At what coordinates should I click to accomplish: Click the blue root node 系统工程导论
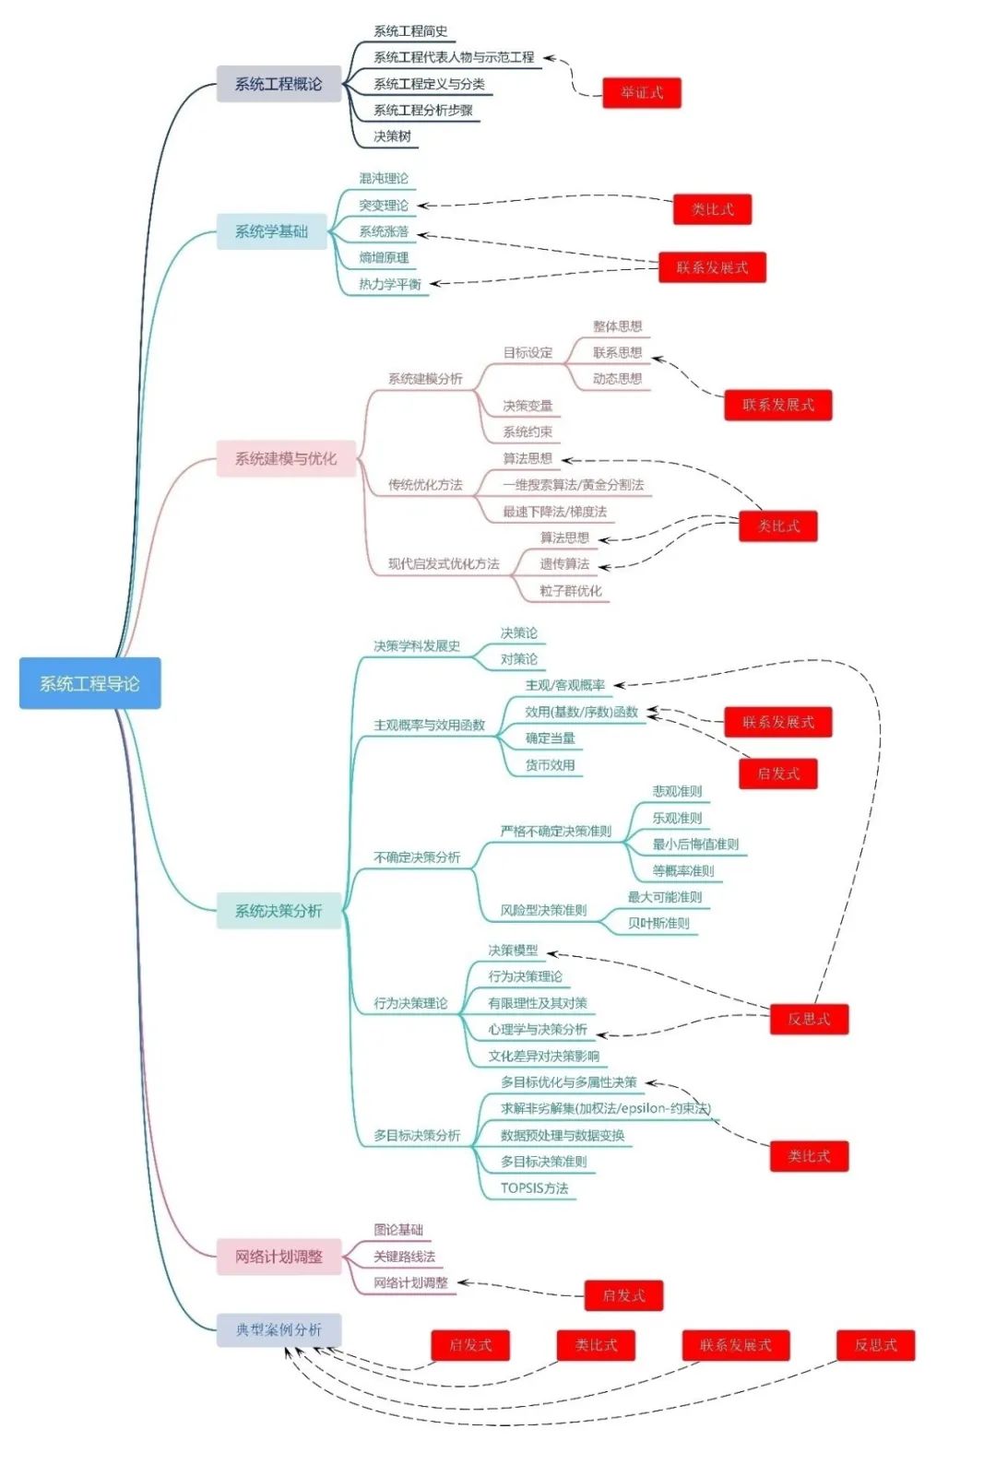[x=89, y=683]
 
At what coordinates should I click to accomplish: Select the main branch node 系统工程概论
[x=279, y=84]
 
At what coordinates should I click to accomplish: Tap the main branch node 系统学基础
[x=271, y=231]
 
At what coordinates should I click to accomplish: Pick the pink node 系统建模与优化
[x=286, y=458]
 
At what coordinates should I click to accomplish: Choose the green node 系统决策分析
[x=279, y=911]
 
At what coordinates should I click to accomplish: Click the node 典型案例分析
[x=279, y=1329]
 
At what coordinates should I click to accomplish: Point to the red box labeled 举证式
[x=642, y=92]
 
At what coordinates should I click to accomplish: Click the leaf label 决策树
[x=392, y=136]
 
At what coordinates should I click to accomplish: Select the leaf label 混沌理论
[x=384, y=178]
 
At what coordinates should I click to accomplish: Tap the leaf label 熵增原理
[x=384, y=257]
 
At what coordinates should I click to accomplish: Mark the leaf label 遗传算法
[x=564, y=564]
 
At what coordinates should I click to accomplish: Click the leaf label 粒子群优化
[x=571, y=591]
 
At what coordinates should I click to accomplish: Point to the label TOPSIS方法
[x=535, y=1187]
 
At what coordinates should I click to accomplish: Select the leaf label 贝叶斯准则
[x=658, y=923]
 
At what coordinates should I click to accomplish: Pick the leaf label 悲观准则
[x=677, y=791]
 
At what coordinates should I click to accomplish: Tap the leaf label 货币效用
[x=551, y=764]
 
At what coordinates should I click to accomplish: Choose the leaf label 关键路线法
[x=404, y=1256]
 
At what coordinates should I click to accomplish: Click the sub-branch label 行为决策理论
[x=410, y=1003]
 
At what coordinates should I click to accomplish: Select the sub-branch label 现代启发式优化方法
[x=444, y=563]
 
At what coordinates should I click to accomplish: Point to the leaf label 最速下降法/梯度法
[x=555, y=512]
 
